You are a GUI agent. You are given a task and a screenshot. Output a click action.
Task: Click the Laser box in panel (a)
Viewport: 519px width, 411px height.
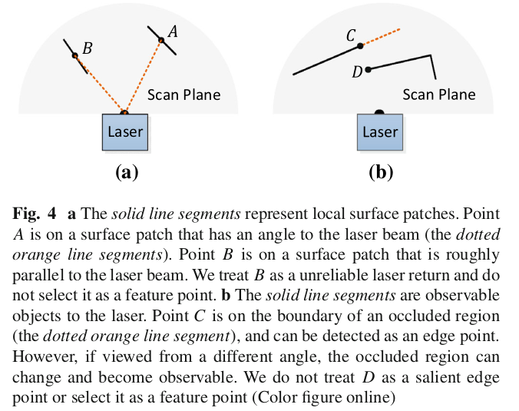pyautogui.click(x=124, y=132)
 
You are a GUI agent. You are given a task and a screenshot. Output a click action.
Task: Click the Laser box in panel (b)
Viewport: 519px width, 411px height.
pyautogui.click(x=380, y=132)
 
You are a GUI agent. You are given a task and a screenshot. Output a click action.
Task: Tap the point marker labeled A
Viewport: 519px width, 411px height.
pyautogui.click(x=161, y=41)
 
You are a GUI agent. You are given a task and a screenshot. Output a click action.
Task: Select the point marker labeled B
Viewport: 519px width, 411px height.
pyautogui.click(x=74, y=55)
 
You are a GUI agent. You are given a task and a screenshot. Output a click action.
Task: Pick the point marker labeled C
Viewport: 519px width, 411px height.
pyautogui.click(x=359, y=46)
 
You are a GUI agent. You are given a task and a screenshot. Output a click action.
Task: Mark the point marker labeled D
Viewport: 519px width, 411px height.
pyautogui.click(x=369, y=70)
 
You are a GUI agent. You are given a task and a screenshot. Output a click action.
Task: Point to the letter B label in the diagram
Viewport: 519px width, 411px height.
pyautogui.click(x=87, y=48)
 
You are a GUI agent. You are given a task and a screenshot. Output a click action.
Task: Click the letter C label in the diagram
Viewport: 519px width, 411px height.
pyautogui.click(x=351, y=35)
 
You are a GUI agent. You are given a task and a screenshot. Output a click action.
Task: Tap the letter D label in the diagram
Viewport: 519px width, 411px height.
pyautogui.click(x=357, y=72)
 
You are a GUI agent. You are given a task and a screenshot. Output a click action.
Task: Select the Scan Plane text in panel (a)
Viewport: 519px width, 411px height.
pyautogui.click(x=184, y=95)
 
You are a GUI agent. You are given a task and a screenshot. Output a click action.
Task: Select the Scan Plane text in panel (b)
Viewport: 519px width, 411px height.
pyautogui.click(x=439, y=95)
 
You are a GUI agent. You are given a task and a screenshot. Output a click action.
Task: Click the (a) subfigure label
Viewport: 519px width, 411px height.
pyautogui.click(x=125, y=171)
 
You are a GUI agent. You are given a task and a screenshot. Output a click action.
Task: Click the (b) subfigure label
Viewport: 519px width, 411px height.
pyautogui.click(x=380, y=171)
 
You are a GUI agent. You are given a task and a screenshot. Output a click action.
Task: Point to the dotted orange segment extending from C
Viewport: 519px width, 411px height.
pyautogui.click(x=381, y=37)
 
